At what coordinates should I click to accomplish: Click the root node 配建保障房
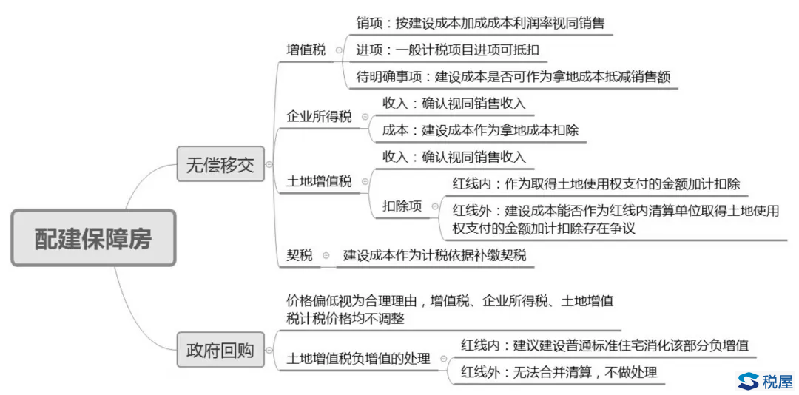click(93, 237)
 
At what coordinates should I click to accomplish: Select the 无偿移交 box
click(220, 164)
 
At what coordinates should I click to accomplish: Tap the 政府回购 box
click(220, 350)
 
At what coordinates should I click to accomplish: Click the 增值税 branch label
click(306, 50)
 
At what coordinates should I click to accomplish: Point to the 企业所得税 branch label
click(319, 117)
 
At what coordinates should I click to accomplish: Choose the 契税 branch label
click(300, 254)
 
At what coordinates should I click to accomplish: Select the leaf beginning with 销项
click(480, 23)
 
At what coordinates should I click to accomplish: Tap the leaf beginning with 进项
click(448, 50)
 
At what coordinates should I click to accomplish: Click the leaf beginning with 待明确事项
click(513, 77)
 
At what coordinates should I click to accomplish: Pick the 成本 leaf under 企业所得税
click(481, 130)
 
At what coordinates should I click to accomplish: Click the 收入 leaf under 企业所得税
click(454, 104)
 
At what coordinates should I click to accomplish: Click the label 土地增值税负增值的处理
click(358, 359)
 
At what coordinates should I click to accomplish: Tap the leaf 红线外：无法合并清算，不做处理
click(559, 371)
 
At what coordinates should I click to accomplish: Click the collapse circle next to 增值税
click(339, 50)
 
